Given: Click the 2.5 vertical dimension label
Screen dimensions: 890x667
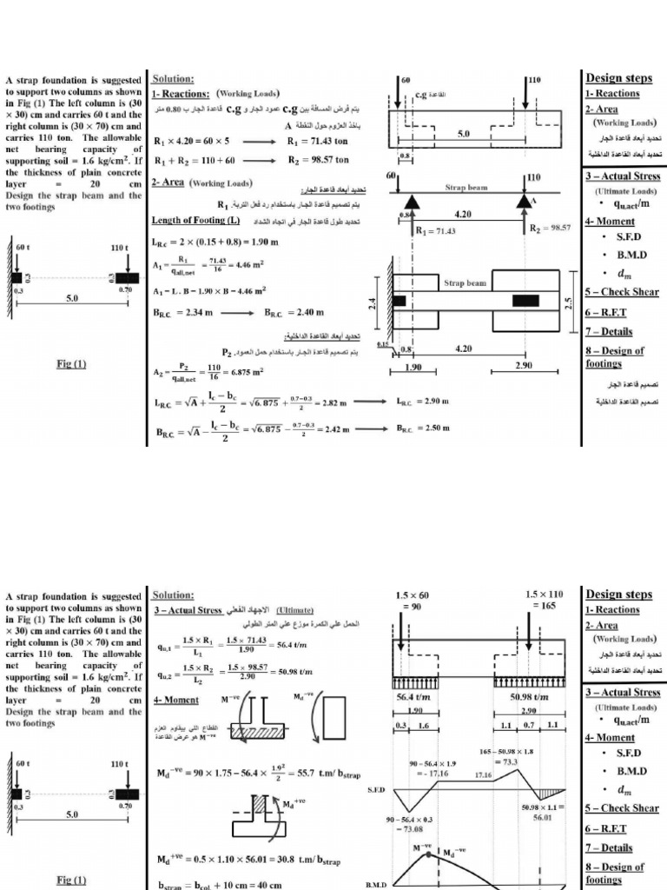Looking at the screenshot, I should pos(568,303).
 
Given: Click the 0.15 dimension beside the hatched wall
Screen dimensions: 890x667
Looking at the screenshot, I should pos(383,346).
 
